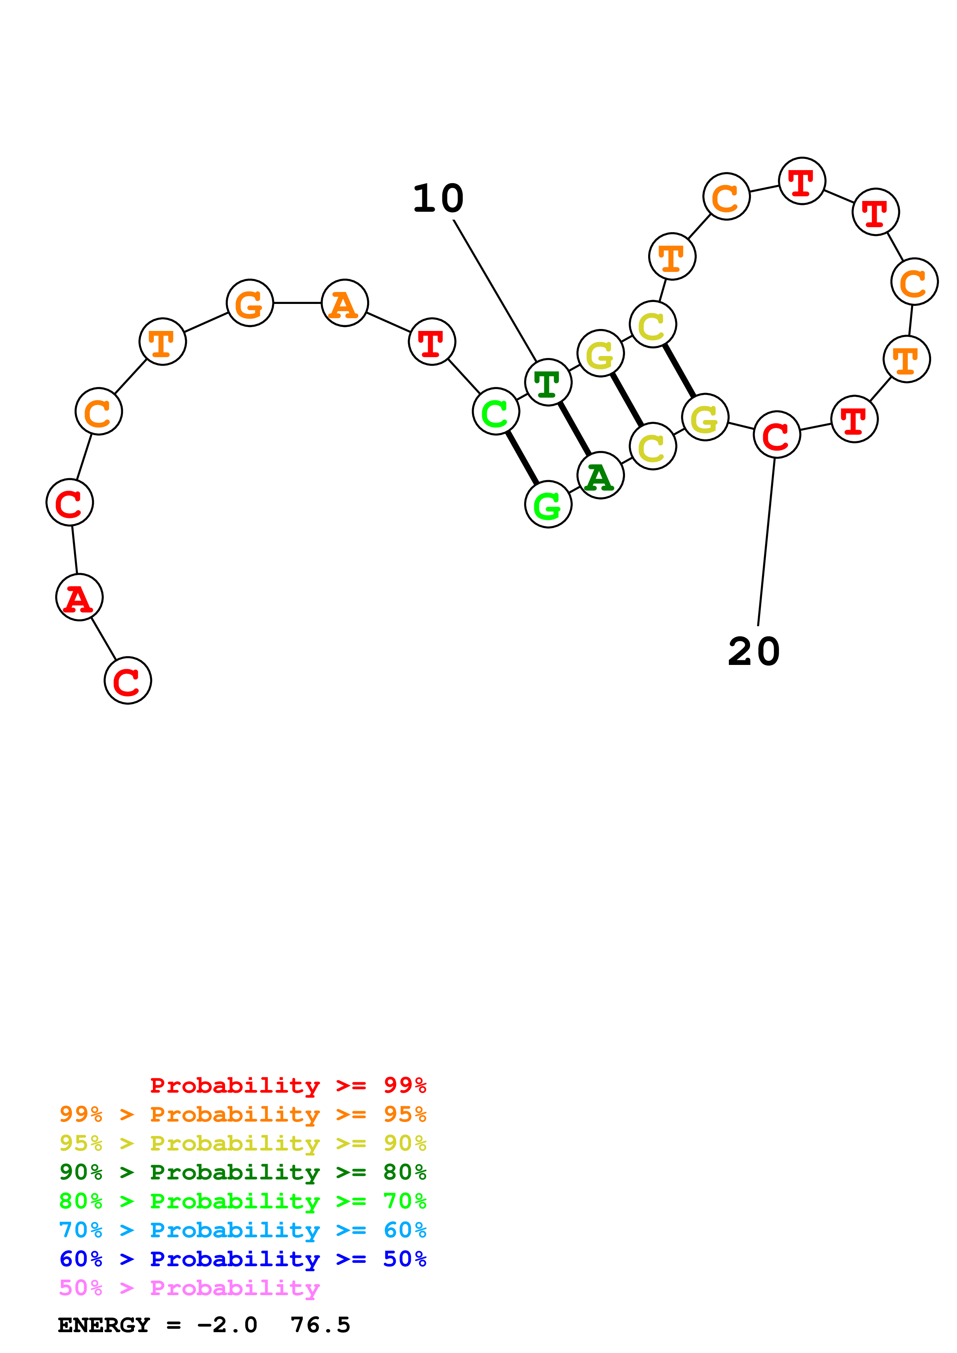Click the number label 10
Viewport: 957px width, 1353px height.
point(438,199)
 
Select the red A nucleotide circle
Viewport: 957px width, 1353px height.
point(80,597)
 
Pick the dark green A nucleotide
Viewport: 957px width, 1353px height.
point(600,476)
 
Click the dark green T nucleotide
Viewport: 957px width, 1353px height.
point(548,383)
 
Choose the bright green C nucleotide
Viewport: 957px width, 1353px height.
point(496,411)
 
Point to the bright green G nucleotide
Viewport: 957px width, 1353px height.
point(548,504)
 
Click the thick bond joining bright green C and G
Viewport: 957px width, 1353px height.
point(522,458)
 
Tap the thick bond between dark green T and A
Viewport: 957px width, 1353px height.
point(574,429)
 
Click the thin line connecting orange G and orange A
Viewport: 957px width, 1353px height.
point(297,303)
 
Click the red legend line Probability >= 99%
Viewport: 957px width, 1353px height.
point(288,1085)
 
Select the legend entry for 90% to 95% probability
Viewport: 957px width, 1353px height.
point(243,1143)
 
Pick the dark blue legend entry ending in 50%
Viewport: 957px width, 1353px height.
point(243,1259)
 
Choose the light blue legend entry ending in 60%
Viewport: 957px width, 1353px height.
point(243,1230)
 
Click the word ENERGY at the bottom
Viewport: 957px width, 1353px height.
point(104,1325)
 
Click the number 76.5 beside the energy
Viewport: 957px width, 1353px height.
point(320,1325)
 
